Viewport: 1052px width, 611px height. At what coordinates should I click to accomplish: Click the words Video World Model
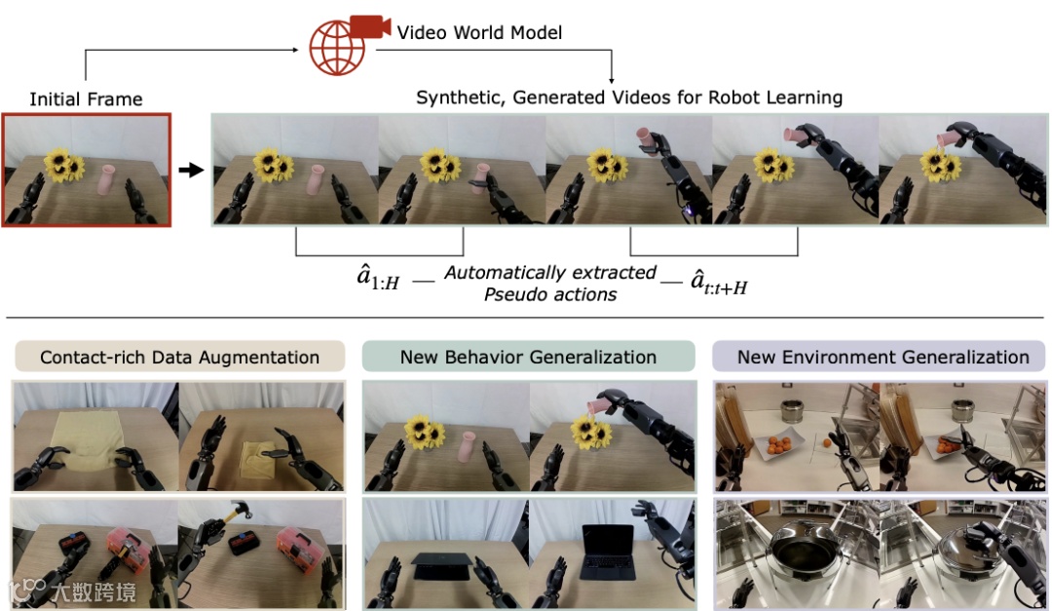pos(479,33)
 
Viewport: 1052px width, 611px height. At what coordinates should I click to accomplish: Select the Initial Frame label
pos(86,99)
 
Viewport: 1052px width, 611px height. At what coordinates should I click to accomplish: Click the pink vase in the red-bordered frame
pos(107,180)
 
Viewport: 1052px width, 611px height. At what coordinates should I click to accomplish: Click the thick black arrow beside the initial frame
pos(191,171)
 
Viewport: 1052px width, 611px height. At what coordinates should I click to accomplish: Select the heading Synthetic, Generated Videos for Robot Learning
pos(629,97)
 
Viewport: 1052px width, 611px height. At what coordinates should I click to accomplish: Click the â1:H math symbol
pos(378,283)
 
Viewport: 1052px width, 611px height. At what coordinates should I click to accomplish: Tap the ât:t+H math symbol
pos(718,283)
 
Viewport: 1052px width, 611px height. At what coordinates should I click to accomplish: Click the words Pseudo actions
pos(550,294)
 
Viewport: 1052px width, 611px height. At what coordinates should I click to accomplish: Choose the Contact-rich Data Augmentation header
pos(179,357)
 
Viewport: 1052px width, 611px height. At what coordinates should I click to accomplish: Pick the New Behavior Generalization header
pos(528,357)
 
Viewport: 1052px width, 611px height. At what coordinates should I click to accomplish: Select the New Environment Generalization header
pos(883,357)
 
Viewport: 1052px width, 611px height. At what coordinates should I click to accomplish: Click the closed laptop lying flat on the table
pos(441,562)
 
